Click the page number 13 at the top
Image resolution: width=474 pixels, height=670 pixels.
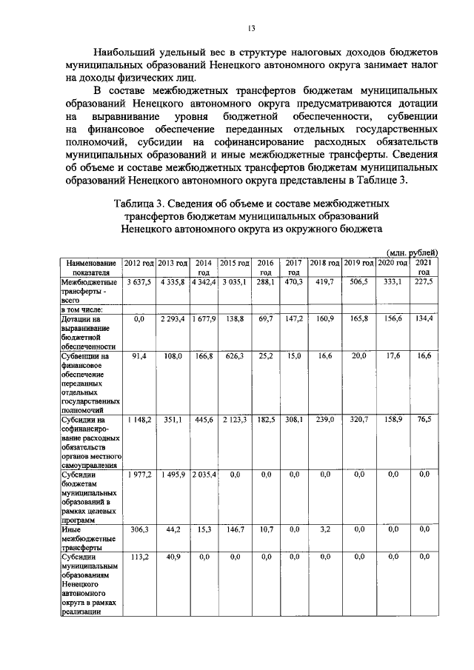(x=251, y=29)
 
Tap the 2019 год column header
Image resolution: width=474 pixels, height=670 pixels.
(x=359, y=264)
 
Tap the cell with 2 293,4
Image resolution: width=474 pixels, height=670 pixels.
(x=172, y=318)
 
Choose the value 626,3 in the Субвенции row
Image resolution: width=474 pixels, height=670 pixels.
(x=234, y=357)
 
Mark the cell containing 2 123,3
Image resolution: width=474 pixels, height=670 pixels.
(x=234, y=419)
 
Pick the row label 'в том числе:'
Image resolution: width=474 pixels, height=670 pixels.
(x=82, y=309)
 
